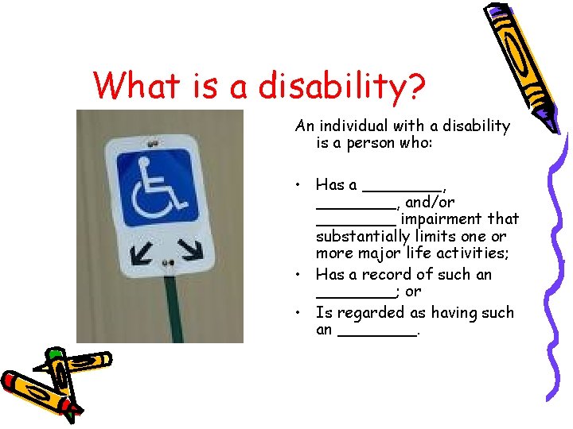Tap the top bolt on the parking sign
153,144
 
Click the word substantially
361,237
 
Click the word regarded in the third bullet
369,312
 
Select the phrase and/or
431,202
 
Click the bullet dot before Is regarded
295,313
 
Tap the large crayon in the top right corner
517,60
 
